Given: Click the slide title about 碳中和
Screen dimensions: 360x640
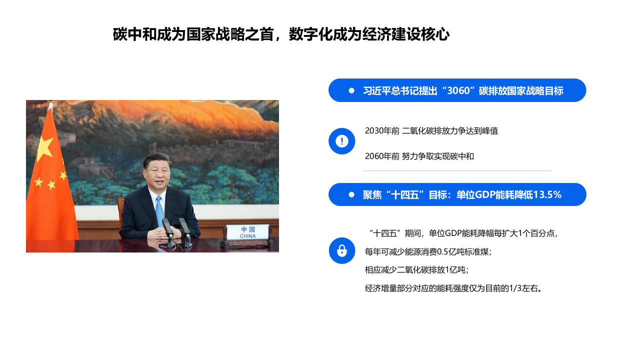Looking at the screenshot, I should [281, 34].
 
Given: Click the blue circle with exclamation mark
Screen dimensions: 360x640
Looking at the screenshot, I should [342, 141].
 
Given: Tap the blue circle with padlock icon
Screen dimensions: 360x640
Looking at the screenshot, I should [342, 250].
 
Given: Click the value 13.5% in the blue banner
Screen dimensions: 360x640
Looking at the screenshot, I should [547, 195].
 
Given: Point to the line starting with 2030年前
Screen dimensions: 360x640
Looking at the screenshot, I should [431, 131].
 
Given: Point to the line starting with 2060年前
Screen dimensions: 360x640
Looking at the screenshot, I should [419, 156].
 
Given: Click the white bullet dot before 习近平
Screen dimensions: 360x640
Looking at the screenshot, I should [351, 90].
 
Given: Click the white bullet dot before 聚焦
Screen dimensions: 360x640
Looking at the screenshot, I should [351, 194].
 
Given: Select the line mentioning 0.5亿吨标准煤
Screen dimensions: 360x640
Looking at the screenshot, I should [428, 252].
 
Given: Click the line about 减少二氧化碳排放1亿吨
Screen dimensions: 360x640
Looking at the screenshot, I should [416, 270].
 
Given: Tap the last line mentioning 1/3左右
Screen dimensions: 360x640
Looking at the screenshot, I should [453, 288].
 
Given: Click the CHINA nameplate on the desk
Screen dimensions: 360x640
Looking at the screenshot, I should [247, 232].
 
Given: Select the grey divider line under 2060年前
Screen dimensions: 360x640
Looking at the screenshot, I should [457, 171].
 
